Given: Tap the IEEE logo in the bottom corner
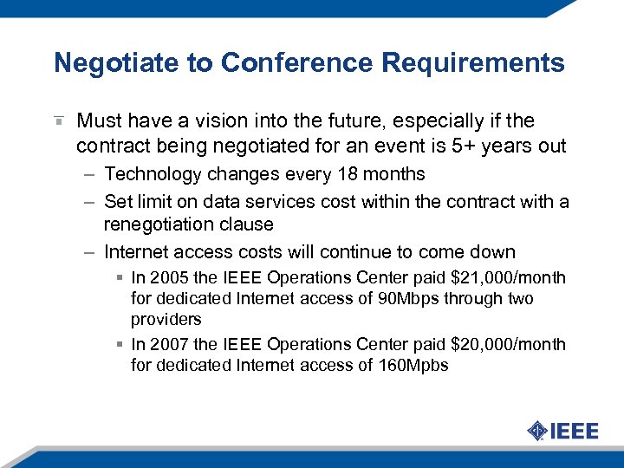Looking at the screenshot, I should (562, 431).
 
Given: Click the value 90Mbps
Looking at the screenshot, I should (377, 298).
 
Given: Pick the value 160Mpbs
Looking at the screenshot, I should (413, 365).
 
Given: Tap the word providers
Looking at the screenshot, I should (166, 319).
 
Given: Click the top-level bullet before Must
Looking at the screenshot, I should (58, 120).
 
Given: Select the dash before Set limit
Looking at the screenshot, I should (90, 202).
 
